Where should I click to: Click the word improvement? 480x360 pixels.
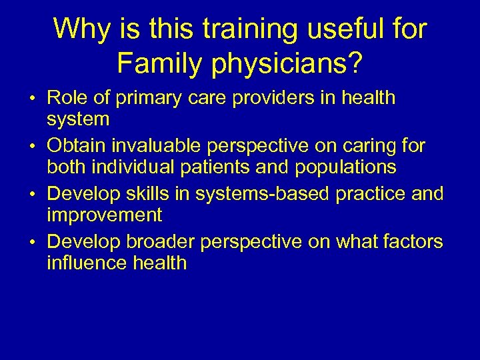coord(105,215)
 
